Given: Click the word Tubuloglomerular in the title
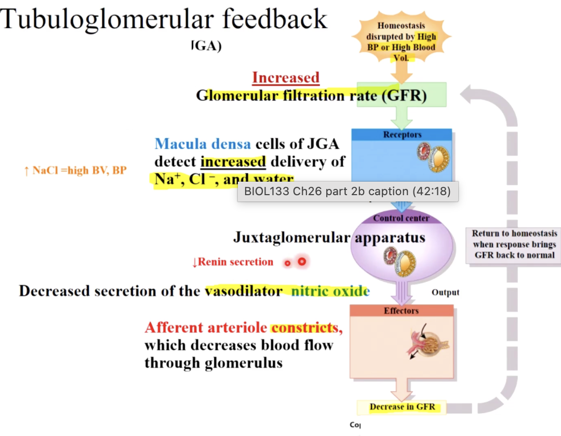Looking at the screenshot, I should pos(106,19).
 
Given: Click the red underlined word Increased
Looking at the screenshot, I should pos(286,78).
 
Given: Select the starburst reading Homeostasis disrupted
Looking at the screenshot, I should pos(400,41).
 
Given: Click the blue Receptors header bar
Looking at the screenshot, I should pos(402,135).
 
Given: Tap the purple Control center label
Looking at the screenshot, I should pos(401,218).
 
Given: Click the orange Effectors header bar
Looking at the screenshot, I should pos(401,310).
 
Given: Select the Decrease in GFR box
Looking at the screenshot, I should pos(402,407).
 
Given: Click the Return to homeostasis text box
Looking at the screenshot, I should pos(514,244).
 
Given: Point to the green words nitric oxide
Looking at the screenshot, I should pos(330,291).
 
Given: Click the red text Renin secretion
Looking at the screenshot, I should pos(233,262).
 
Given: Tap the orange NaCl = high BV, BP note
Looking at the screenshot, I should pos(75,170).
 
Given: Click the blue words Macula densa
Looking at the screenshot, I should pos(203,144).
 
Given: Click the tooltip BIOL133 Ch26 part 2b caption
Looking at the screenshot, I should pos(347,192).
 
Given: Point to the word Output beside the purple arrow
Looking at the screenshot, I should pos(445,292).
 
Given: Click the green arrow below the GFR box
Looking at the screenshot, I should pos(401,117).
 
